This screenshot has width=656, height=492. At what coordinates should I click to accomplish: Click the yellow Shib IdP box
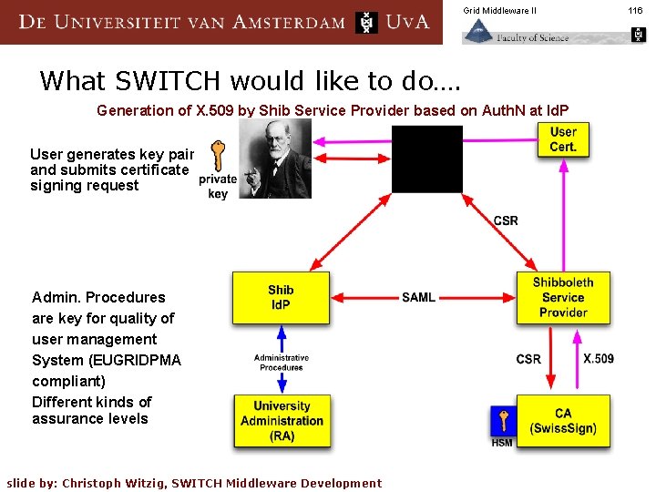(281, 298)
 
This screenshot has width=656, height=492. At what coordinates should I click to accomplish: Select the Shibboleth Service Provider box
(563, 298)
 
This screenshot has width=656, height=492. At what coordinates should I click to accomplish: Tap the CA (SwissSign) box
(563, 420)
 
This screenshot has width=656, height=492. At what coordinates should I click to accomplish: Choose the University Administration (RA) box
(282, 421)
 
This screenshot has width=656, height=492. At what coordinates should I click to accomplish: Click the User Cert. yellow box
(563, 139)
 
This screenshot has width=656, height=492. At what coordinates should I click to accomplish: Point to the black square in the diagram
(427, 159)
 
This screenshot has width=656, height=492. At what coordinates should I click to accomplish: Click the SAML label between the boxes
(418, 298)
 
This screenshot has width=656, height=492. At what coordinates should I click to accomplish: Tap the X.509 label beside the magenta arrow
(599, 359)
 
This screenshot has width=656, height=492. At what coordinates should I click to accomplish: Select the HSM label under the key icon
(502, 443)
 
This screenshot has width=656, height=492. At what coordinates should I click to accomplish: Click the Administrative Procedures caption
(282, 363)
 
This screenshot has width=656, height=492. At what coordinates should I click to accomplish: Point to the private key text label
(218, 187)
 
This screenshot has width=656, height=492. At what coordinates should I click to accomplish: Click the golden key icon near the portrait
(217, 156)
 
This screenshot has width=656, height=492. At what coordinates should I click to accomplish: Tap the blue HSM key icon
(502, 421)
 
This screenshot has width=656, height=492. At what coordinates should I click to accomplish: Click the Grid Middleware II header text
(499, 10)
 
